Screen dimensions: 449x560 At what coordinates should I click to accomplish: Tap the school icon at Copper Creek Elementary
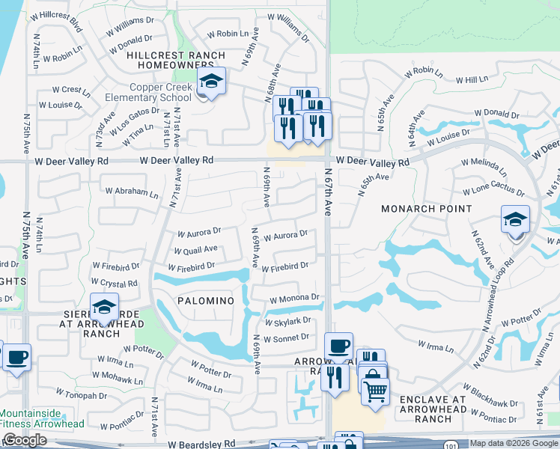(x=212, y=82)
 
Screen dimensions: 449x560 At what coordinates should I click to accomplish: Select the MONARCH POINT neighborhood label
(x=427, y=209)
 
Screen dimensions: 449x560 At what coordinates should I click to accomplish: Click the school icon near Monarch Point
(x=515, y=219)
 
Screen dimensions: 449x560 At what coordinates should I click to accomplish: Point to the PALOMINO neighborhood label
(x=206, y=300)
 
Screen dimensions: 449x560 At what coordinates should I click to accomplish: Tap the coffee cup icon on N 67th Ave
(x=338, y=346)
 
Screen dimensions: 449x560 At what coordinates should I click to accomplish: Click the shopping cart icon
(x=375, y=388)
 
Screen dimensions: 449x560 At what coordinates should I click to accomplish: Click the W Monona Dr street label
(x=295, y=298)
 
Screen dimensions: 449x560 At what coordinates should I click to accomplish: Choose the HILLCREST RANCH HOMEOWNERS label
(x=176, y=61)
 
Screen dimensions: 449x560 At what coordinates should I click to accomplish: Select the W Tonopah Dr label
(x=82, y=394)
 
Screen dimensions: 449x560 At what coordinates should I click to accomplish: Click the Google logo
(x=24, y=440)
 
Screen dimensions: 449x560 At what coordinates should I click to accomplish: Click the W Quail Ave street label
(x=195, y=249)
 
